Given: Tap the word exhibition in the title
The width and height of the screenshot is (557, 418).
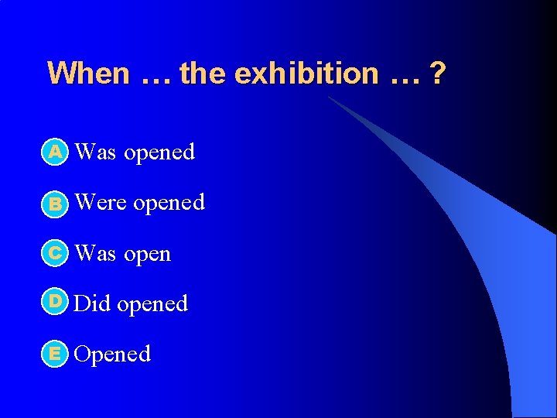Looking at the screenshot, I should click(306, 74).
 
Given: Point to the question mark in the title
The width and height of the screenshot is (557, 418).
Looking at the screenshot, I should click(438, 74).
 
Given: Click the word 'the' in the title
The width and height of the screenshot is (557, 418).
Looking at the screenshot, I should click(203, 74).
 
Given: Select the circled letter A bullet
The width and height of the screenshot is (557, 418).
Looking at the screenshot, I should click(54, 152).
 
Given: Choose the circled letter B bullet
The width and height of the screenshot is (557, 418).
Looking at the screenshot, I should click(54, 204).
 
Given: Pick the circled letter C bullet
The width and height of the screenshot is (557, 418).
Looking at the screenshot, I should click(54, 253).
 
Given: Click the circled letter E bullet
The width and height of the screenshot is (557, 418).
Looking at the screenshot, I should click(54, 354).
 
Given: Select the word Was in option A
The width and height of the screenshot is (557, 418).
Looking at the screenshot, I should click(96, 152).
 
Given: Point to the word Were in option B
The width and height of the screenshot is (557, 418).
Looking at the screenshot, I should click(101, 202).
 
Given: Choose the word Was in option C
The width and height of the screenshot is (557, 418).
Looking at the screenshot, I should click(96, 253).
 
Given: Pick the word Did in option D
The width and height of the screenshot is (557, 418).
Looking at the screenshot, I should click(92, 303).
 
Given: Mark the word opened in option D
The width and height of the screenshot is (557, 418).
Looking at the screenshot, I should click(152, 304).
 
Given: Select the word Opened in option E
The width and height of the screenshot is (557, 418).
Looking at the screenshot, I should click(113, 355).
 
